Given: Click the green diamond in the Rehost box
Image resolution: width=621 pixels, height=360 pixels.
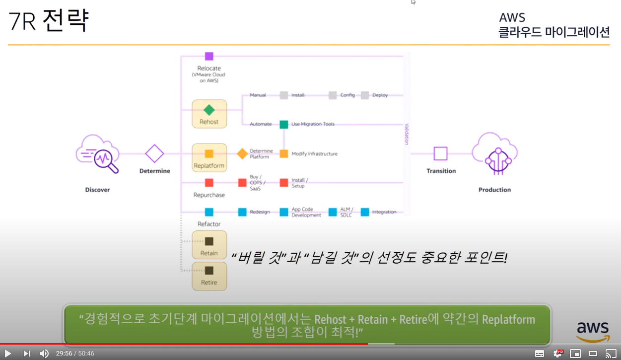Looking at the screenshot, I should pyautogui.click(x=209, y=110).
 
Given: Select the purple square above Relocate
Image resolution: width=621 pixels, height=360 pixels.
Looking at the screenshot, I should pyautogui.click(x=209, y=56).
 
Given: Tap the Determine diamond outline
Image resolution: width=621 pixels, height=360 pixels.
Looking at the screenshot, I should pyautogui.click(x=154, y=153).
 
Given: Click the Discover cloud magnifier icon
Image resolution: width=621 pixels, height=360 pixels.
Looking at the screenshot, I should pyautogui.click(x=98, y=154).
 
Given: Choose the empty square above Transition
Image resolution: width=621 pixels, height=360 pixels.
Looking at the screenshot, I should pyautogui.click(x=440, y=153).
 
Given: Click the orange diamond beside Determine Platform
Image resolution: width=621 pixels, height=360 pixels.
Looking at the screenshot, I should pyautogui.click(x=242, y=153).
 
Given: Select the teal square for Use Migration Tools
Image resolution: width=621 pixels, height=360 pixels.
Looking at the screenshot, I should pyautogui.click(x=284, y=124).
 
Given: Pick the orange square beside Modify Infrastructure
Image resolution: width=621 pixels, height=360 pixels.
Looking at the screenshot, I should pyautogui.click(x=284, y=153).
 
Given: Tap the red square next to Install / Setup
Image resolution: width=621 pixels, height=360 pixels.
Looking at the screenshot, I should pyautogui.click(x=284, y=183).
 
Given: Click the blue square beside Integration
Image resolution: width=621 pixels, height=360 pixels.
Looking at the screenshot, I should pyautogui.click(x=365, y=212).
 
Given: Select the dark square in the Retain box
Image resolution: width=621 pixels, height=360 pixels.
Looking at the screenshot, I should pyautogui.click(x=209, y=241).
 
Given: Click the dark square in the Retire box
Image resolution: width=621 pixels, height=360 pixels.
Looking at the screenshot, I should pyautogui.click(x=209, y=271).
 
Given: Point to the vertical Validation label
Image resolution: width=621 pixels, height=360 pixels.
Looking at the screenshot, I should pyautogui.click(x=407, y=134).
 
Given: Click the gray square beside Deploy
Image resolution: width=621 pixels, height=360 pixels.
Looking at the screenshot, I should pyautogui.click(x=365, y=95).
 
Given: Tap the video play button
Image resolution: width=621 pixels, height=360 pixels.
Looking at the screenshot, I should pyautogui.click(x=8, y=354).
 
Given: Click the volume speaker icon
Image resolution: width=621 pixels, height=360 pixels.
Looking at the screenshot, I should pyautogui.click(x=44, y=354).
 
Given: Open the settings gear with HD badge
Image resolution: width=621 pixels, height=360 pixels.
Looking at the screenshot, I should pyautogui.click(x=558, y=354).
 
